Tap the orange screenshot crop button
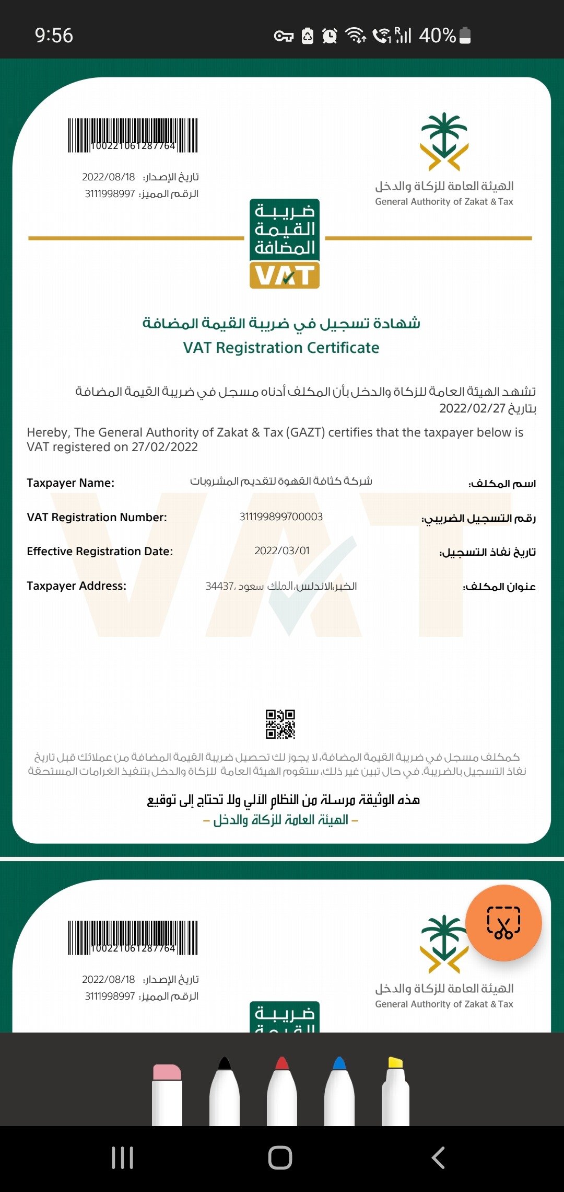point(503,923)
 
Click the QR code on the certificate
point(280,724)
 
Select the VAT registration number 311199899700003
point(281,517)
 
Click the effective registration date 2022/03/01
point(282,551)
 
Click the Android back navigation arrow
point(439,1157)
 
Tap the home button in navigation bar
point(280,1157)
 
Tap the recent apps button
point(123,1157)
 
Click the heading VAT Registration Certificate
point(281,348)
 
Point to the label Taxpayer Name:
point(70,483)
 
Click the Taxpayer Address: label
point(76,586)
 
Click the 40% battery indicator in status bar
point(444,36)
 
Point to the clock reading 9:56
point(54,36)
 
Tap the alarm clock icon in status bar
point(330,36)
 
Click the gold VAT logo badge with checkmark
point(285,275)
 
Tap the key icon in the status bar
point(284,36)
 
